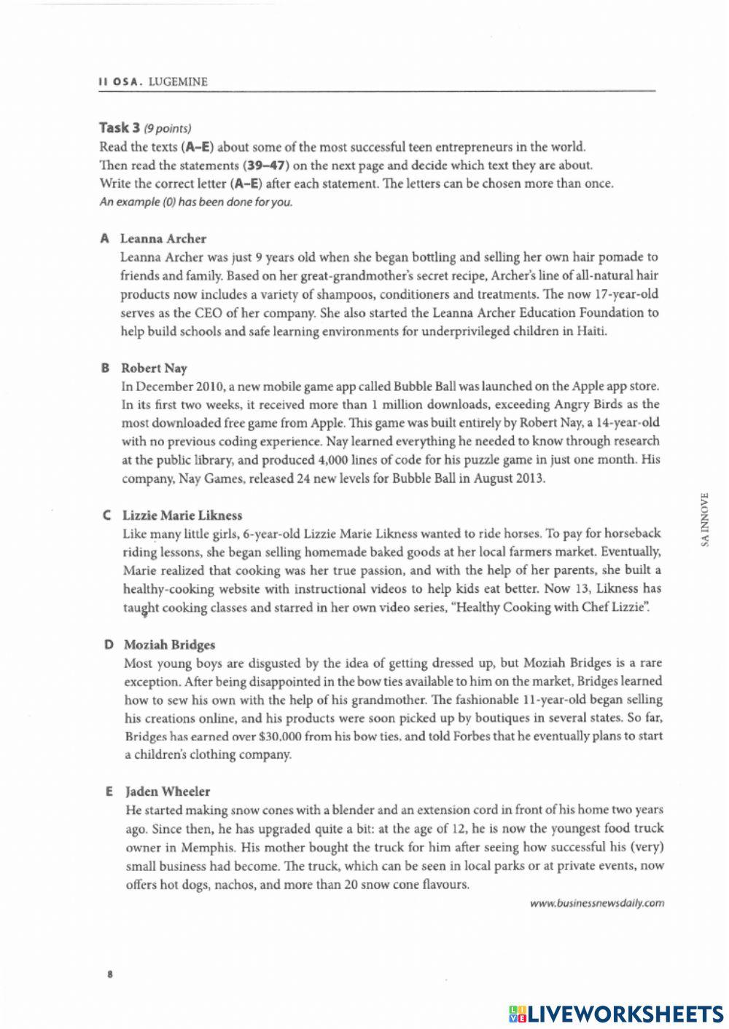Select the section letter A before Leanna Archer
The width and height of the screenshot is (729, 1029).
tap(105, 238)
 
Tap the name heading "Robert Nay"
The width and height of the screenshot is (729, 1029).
tap(154, 368)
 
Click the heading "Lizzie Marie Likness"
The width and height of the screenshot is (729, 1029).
tap(182, 515)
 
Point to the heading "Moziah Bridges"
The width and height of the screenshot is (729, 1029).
tap(169, 644)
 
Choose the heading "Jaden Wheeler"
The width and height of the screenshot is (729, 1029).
tap(168, 791)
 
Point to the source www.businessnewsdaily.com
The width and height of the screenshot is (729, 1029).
tap(597, 903)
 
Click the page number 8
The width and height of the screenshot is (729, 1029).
tap(109, 974)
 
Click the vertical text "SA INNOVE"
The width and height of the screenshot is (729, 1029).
tap(703, 519)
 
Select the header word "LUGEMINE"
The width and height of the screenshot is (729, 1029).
tap(178, 82)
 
